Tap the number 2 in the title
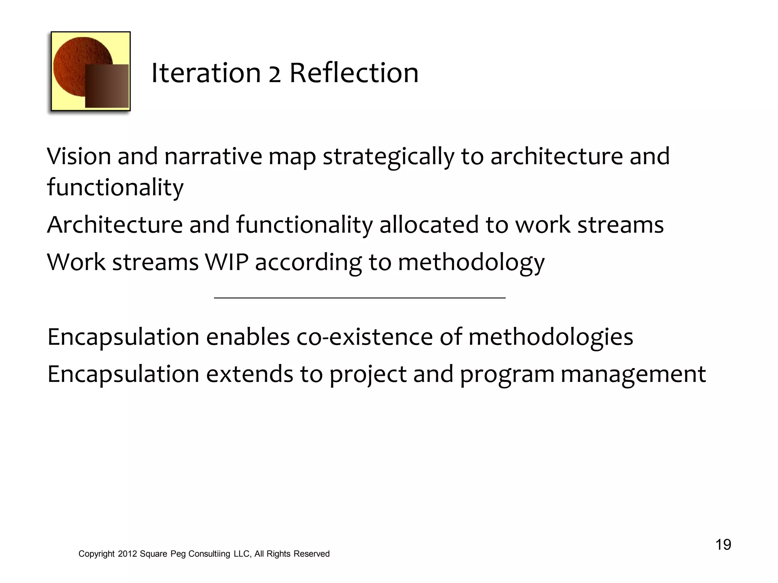pos(275,74)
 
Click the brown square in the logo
pos(107,86)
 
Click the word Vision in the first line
pos(79,156)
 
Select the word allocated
pos(429,224)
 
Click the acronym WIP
pos(226,262)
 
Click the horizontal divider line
pos(359,298)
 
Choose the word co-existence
pos(364,337)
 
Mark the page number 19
pos(723,545)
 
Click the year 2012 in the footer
pos(127,554)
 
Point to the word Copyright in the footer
pos(96,554)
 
